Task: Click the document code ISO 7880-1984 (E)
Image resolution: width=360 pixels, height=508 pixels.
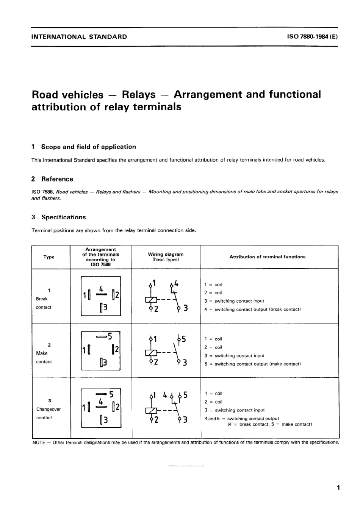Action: click(x=312, y=37)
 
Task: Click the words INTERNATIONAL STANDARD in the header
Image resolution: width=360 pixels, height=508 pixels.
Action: click(x=79, y=37)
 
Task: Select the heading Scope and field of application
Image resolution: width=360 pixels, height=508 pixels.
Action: click(x=88, y=147)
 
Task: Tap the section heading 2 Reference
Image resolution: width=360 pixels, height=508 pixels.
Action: click(x=52, y=179)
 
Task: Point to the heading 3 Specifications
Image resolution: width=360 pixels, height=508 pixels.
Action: click(x=59, y=217)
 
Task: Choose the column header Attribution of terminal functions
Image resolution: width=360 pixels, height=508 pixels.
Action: click(x=267, y=257)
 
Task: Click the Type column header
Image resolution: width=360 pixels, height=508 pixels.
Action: click(x=49, y=257)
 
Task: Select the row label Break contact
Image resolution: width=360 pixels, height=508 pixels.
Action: click(x=43, y=303)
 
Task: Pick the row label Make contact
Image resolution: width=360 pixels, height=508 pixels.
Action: click(x=43, y=357)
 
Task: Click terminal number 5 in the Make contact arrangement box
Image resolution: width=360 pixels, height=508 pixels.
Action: click(x=110, y=336)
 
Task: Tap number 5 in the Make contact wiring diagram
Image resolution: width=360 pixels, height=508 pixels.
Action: click(x=184, y=339)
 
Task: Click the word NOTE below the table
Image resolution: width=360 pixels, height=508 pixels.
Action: click(x=39, y=442)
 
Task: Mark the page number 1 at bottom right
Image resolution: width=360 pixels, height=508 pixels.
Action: click(x=338, y=488)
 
